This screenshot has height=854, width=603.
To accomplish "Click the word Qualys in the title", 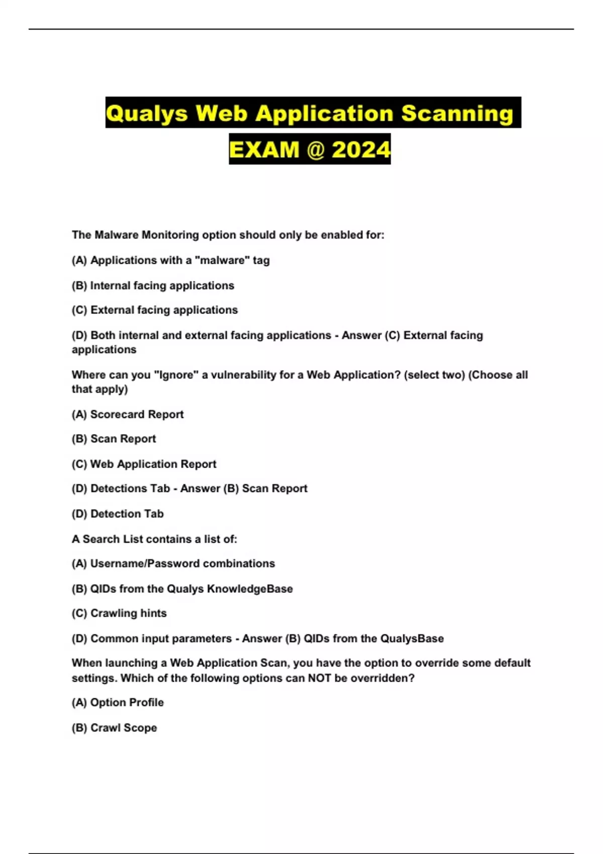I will point(147,114).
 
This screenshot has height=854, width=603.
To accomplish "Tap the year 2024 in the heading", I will point(361,150).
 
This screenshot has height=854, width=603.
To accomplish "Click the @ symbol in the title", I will point(315,150).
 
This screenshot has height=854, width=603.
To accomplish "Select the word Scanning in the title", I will point(457,114).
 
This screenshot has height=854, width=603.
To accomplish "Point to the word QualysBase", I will point(412,638).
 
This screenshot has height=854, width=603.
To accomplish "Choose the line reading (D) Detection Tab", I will point(118,514).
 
